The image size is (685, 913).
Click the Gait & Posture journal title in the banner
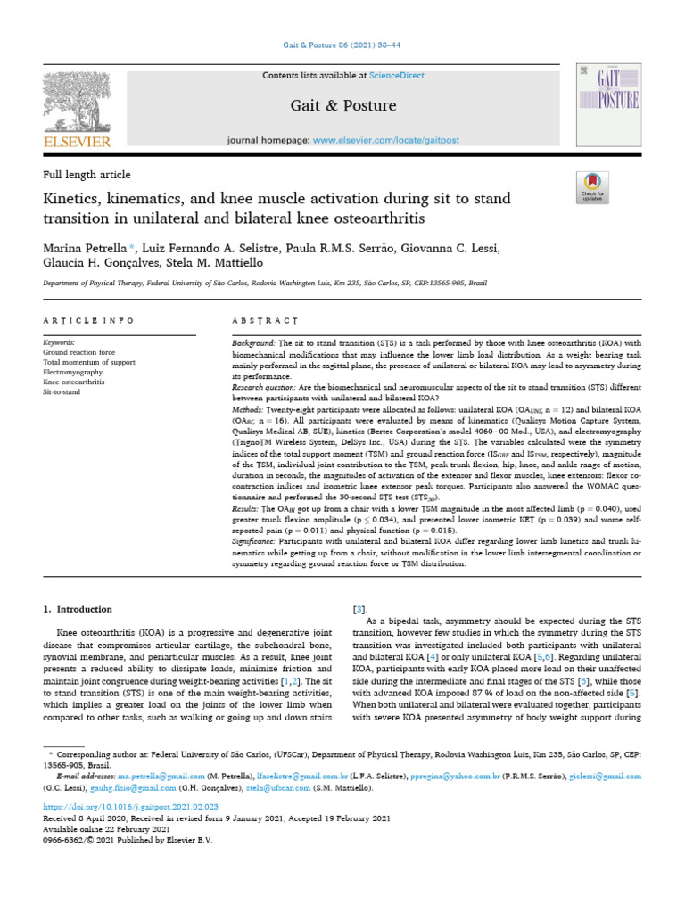click(343, 106)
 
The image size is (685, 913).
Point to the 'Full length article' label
click(87, 175)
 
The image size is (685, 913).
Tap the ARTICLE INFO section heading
click(88, 319)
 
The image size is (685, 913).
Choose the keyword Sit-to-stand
click(62, 391)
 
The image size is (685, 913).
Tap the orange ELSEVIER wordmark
click(78, 142)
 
